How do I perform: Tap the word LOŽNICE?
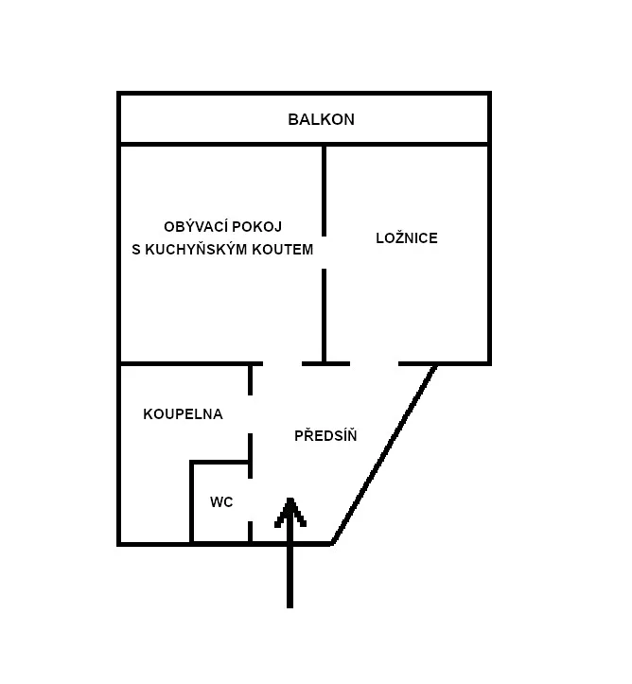coord(407,238)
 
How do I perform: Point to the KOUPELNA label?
coord(183,414)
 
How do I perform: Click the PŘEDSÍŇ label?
coord(325,436)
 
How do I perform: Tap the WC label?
coord(221,502)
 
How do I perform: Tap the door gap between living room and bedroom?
coord(324,253)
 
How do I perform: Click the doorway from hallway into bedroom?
coord(375,363)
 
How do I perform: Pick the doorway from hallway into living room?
coord(282,363)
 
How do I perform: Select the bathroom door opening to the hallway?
coord(251,414)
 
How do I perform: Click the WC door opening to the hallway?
coord(251,501)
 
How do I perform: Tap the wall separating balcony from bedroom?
coord(407,145)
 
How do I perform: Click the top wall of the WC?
coord(219,463)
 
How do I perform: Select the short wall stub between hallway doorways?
coord(325,363)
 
